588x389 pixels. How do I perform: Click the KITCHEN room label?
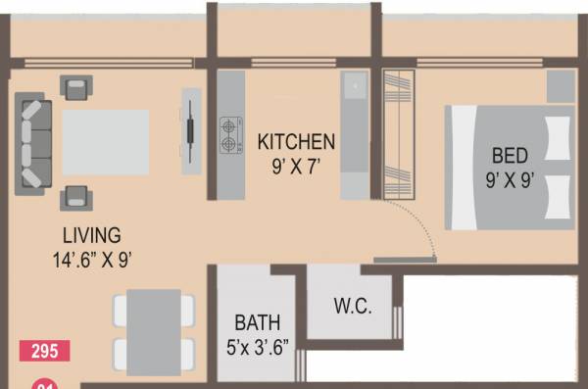point(296,142)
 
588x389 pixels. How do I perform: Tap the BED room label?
point(510,155)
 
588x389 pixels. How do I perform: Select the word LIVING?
point(91,235)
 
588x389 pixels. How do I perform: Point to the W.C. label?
point(352,306)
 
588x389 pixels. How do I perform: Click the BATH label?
point(257,322)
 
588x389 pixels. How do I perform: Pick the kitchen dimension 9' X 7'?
point(296,166)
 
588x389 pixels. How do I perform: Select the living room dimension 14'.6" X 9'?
point(92,260)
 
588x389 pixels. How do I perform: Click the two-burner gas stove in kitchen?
point(230,136)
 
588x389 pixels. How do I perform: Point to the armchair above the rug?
point(75,88)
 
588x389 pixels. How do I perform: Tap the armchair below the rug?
point(75,198)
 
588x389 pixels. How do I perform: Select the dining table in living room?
point(154,323)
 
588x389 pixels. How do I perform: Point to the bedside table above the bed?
point(560,86)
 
